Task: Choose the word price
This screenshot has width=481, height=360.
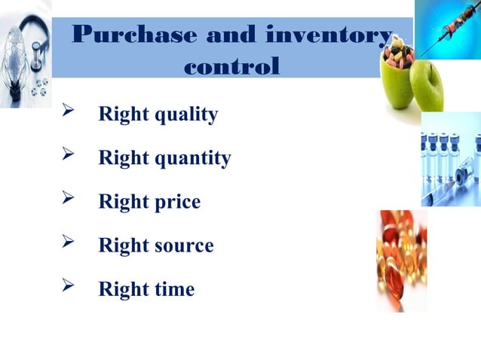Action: click(177, 203)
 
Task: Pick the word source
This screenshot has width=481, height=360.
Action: click(184, 246)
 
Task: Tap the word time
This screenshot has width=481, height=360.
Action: click(174, 289)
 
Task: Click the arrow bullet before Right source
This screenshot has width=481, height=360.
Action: click(66, 245)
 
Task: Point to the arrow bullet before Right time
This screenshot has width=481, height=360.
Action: click(66, 288)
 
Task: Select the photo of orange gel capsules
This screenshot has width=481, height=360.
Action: click(401, 260)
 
